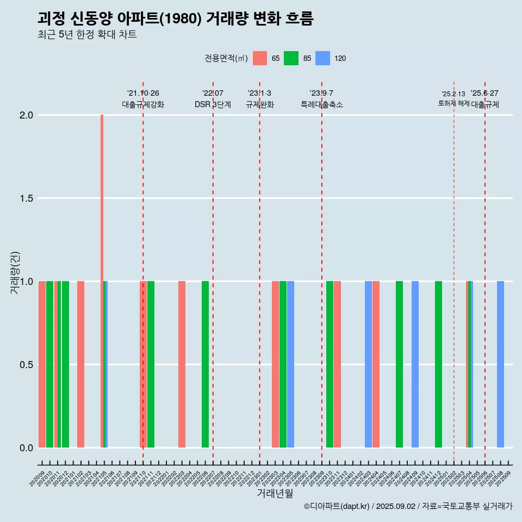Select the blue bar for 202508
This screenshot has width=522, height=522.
pyautogui.click(x=500, y=364)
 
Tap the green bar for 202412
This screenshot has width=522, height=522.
pyautogui.click(x=438, y=364)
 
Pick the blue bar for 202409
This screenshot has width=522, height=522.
pyautogui.click(x=415, y=364)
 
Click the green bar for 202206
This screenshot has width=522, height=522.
pyautogui.click(x=205, y=364)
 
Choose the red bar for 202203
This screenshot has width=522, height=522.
pyautogui.click(x=182, y=364)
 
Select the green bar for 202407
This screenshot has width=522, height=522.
pyautogui.click(x=399, y=364)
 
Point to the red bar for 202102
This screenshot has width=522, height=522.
pyautogui.click(x=80, y=364)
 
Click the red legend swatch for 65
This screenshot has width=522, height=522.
pyautogui.click(x=260, y=58)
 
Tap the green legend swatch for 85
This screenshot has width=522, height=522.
pyautogui.click(x=291, y=58)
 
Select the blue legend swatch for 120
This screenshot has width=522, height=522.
pyautogui.click(x=323, y=58)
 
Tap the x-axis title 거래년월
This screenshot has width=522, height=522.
pyautogui.click(x=275, y=494)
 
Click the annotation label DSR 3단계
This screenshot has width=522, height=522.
pyautogui.click(x=213, y=105)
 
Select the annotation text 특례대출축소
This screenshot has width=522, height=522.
pyautogui.click(x=322, y=105)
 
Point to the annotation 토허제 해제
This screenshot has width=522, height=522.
pyautogui.click(x=453, y=103)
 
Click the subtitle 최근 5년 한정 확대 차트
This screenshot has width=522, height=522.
pyautogui.click(x=87, y=35)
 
